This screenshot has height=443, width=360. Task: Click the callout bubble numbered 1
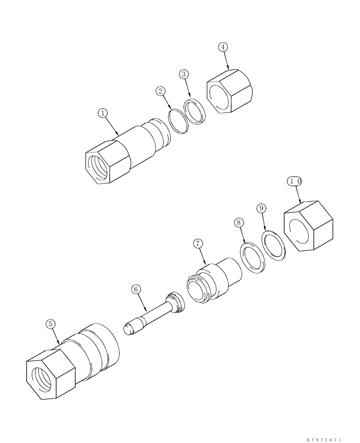[103, 113]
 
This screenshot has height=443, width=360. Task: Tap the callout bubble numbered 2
[160, 91]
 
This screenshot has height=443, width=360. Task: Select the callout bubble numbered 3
[184, 74]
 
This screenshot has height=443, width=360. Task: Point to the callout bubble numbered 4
[223, 47]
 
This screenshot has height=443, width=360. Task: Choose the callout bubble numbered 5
[51, 324]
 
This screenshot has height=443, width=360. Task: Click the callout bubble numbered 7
[198, 243]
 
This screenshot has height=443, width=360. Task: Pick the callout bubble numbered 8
[239, 222]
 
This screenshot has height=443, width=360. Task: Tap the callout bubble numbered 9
[261, 208]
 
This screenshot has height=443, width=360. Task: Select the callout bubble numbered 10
[295, 181]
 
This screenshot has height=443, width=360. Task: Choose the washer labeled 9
[274, 245]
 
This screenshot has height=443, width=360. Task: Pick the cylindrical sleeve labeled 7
[212, 281]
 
